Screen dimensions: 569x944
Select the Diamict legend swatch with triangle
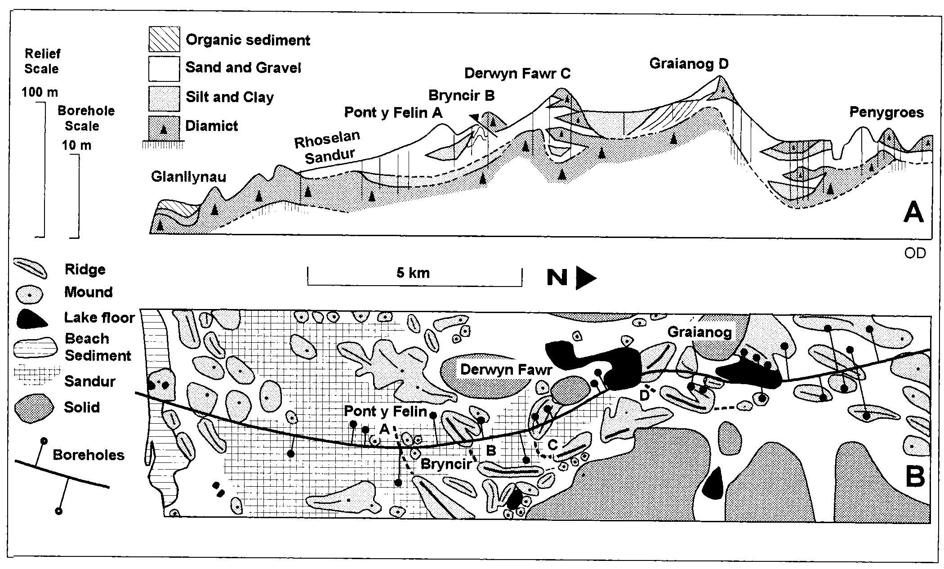pos(164,126)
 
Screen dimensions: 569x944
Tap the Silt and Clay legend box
pos(164,98)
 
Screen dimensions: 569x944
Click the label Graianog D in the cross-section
pos(689,64)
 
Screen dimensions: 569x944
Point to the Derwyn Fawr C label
pos(517,73)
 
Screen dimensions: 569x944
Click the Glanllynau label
pos(188,176)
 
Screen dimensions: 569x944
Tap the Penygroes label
pos(886,112)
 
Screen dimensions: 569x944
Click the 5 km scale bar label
pos(413,273)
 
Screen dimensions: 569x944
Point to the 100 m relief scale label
pos(40,93)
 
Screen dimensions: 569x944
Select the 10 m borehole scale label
pos(76,146)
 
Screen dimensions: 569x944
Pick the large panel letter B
pos(914,477)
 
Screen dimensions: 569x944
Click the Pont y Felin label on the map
pos(385,411)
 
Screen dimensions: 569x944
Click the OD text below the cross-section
pos(915,254)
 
